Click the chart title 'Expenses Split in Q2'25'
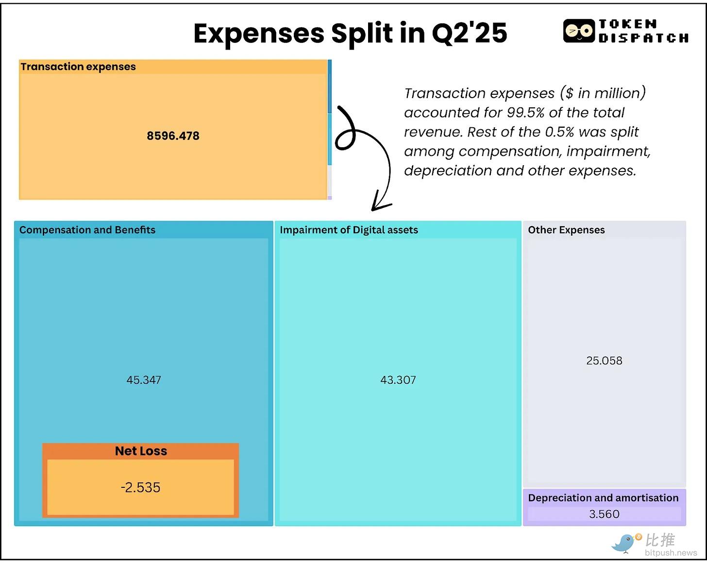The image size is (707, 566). coord(350,33)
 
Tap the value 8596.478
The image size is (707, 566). coord(173,136)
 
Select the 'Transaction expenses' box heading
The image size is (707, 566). coord(78,67)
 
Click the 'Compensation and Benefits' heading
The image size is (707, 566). coord(87,230)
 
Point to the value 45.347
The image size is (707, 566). coord(144,380)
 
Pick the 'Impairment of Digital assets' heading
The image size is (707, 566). coord(349,230)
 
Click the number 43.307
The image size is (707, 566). coord(398,380)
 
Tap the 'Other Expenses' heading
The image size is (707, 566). coord(566,230)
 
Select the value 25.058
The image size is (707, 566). coord(604,360)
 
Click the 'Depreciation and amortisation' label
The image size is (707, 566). coord(603,498)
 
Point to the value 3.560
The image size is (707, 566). coord(604,514)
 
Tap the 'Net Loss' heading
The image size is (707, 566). coord(141,451)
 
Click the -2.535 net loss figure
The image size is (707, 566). coord(140,487)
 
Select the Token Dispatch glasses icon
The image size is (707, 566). coord(579,31)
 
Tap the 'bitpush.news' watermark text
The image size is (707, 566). coord(671,553)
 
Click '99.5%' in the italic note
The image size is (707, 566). coord(525,113)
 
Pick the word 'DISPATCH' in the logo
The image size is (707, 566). coord(643,38)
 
